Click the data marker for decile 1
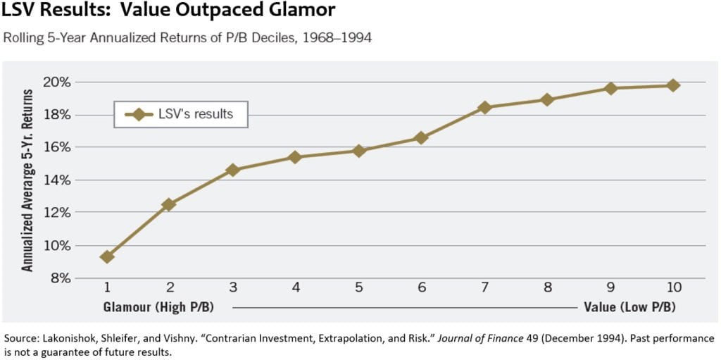[107, 257]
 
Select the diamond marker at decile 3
[233, 170]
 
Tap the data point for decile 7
[484, 107]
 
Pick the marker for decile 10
[673, 85]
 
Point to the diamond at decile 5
[358, 151]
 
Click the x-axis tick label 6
[421, 288]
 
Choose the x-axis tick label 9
[610, 288]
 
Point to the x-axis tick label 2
[170, 288]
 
